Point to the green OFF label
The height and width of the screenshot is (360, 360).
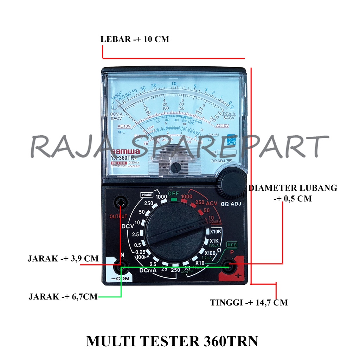[174, 193]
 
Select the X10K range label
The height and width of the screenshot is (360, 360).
[216, 232]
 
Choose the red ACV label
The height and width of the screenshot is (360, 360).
[212, 203]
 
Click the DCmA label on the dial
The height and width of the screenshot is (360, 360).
[148, 271]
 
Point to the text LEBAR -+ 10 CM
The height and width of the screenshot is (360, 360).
[135, 39]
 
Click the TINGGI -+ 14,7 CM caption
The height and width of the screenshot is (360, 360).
[249, 302]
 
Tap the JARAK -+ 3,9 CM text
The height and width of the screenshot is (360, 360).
[63, 259]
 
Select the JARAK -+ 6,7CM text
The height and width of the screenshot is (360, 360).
[63, 296]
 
